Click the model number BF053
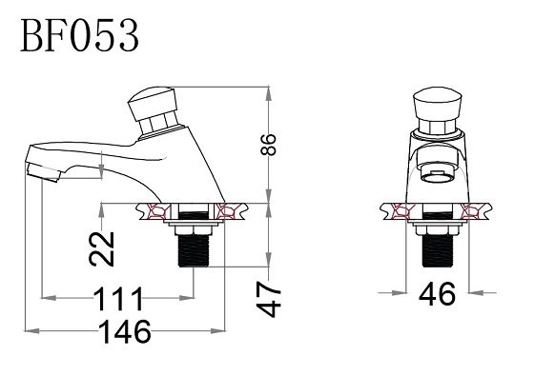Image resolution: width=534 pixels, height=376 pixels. [x=80, y=35]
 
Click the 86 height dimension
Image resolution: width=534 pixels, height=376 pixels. [x=268, y=145]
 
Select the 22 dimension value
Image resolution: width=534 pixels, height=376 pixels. [x=101, y=248]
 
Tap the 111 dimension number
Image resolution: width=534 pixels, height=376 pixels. [x=118, y=299]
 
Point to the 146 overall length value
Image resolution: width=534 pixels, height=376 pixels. [x=125, y=331]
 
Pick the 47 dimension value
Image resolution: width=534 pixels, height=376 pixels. [x=269, y=300]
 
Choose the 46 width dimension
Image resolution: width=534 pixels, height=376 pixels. [x=437, y=294]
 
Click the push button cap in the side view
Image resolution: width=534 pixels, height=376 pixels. [x=153, y=104]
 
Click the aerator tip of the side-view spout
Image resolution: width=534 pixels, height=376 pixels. [x=43, y=172]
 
